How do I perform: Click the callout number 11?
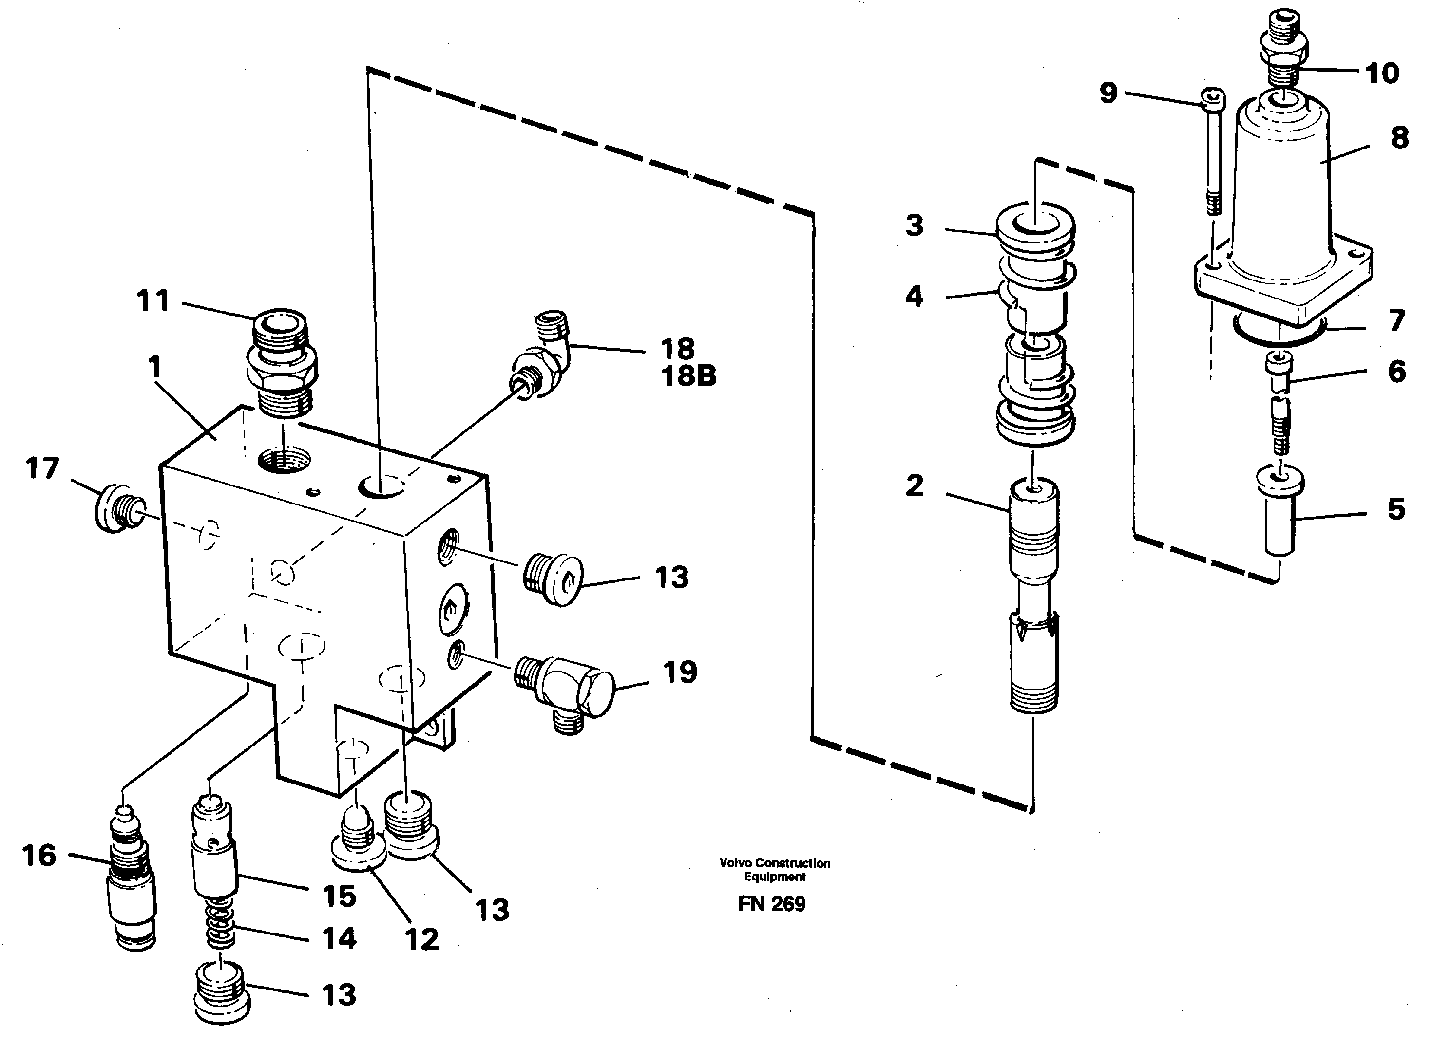coord(153,300)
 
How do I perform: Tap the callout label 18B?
coord(688,376)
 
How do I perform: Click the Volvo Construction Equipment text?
coord(775,870)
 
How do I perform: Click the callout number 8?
coord(1399,138)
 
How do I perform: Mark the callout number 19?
coord(680,672)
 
